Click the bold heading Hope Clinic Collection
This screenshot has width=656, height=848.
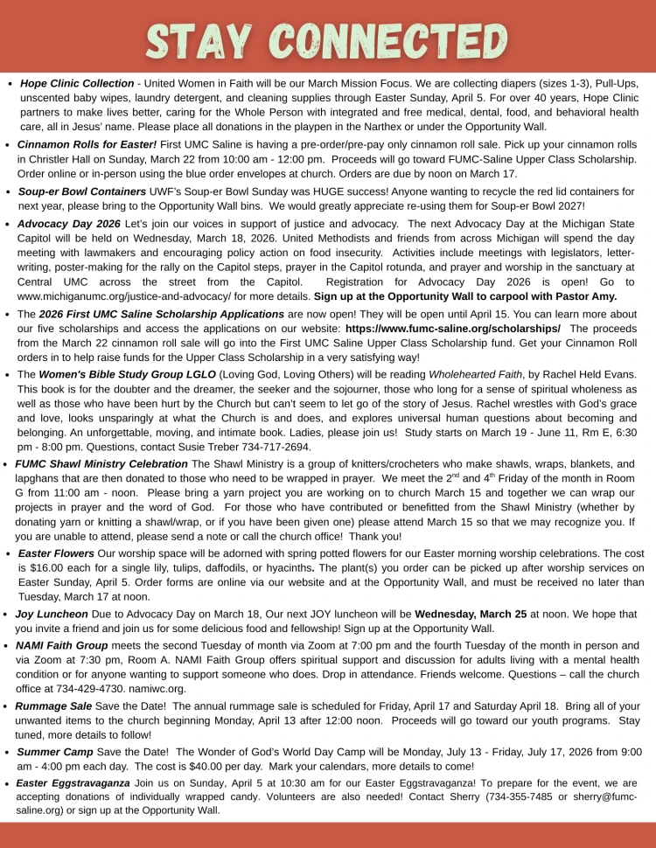[x=77, y=83]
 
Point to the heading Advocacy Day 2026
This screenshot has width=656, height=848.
[x=70, y=224]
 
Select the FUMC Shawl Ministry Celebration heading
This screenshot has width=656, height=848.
[x=101, y=463]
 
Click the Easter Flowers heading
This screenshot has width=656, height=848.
[x=56, y=553]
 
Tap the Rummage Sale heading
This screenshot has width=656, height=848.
[x=54, y=706]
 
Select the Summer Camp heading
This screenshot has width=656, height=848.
[x=56, y=751]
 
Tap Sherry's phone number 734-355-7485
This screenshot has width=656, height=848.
[x=508, y=796]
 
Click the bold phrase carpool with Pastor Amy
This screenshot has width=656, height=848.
[x=546, y=297]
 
